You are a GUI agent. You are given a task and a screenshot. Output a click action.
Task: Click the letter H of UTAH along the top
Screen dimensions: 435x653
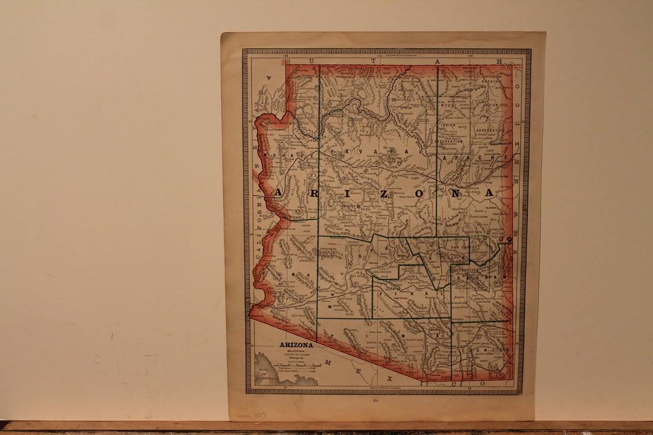pyautogui.click(x=500, y=61)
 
